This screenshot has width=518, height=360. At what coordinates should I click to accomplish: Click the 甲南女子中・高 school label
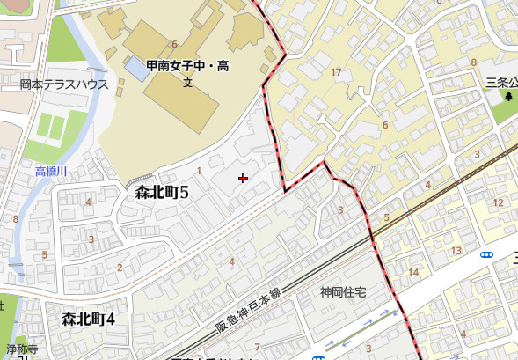click(188, 67)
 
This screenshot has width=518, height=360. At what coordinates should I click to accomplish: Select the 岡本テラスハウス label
click(64, 85)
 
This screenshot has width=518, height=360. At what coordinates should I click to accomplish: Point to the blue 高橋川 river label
click(52, 170)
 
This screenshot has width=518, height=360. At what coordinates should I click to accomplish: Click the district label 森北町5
click(163, 191)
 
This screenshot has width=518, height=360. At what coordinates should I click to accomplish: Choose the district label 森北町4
click(88, 319)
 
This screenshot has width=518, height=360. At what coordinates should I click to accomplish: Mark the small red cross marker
click(244, 179)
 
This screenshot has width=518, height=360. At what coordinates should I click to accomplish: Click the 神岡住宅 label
click(342, 292)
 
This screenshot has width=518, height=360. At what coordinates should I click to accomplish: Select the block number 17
click(336, 71)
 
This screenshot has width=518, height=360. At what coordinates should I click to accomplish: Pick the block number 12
click(498, 203)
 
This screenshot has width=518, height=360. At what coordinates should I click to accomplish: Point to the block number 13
click(456, 252)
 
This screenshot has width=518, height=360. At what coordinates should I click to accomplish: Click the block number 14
click(413, 272)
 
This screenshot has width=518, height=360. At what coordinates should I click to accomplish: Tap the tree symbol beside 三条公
click(508, 96)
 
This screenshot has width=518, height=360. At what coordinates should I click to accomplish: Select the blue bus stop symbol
click(486, 254)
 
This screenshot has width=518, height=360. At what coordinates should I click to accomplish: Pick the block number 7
click(257, 346)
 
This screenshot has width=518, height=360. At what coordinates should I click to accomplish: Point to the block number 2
click(120, 268)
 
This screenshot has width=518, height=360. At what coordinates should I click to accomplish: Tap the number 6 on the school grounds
click(175, 44)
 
